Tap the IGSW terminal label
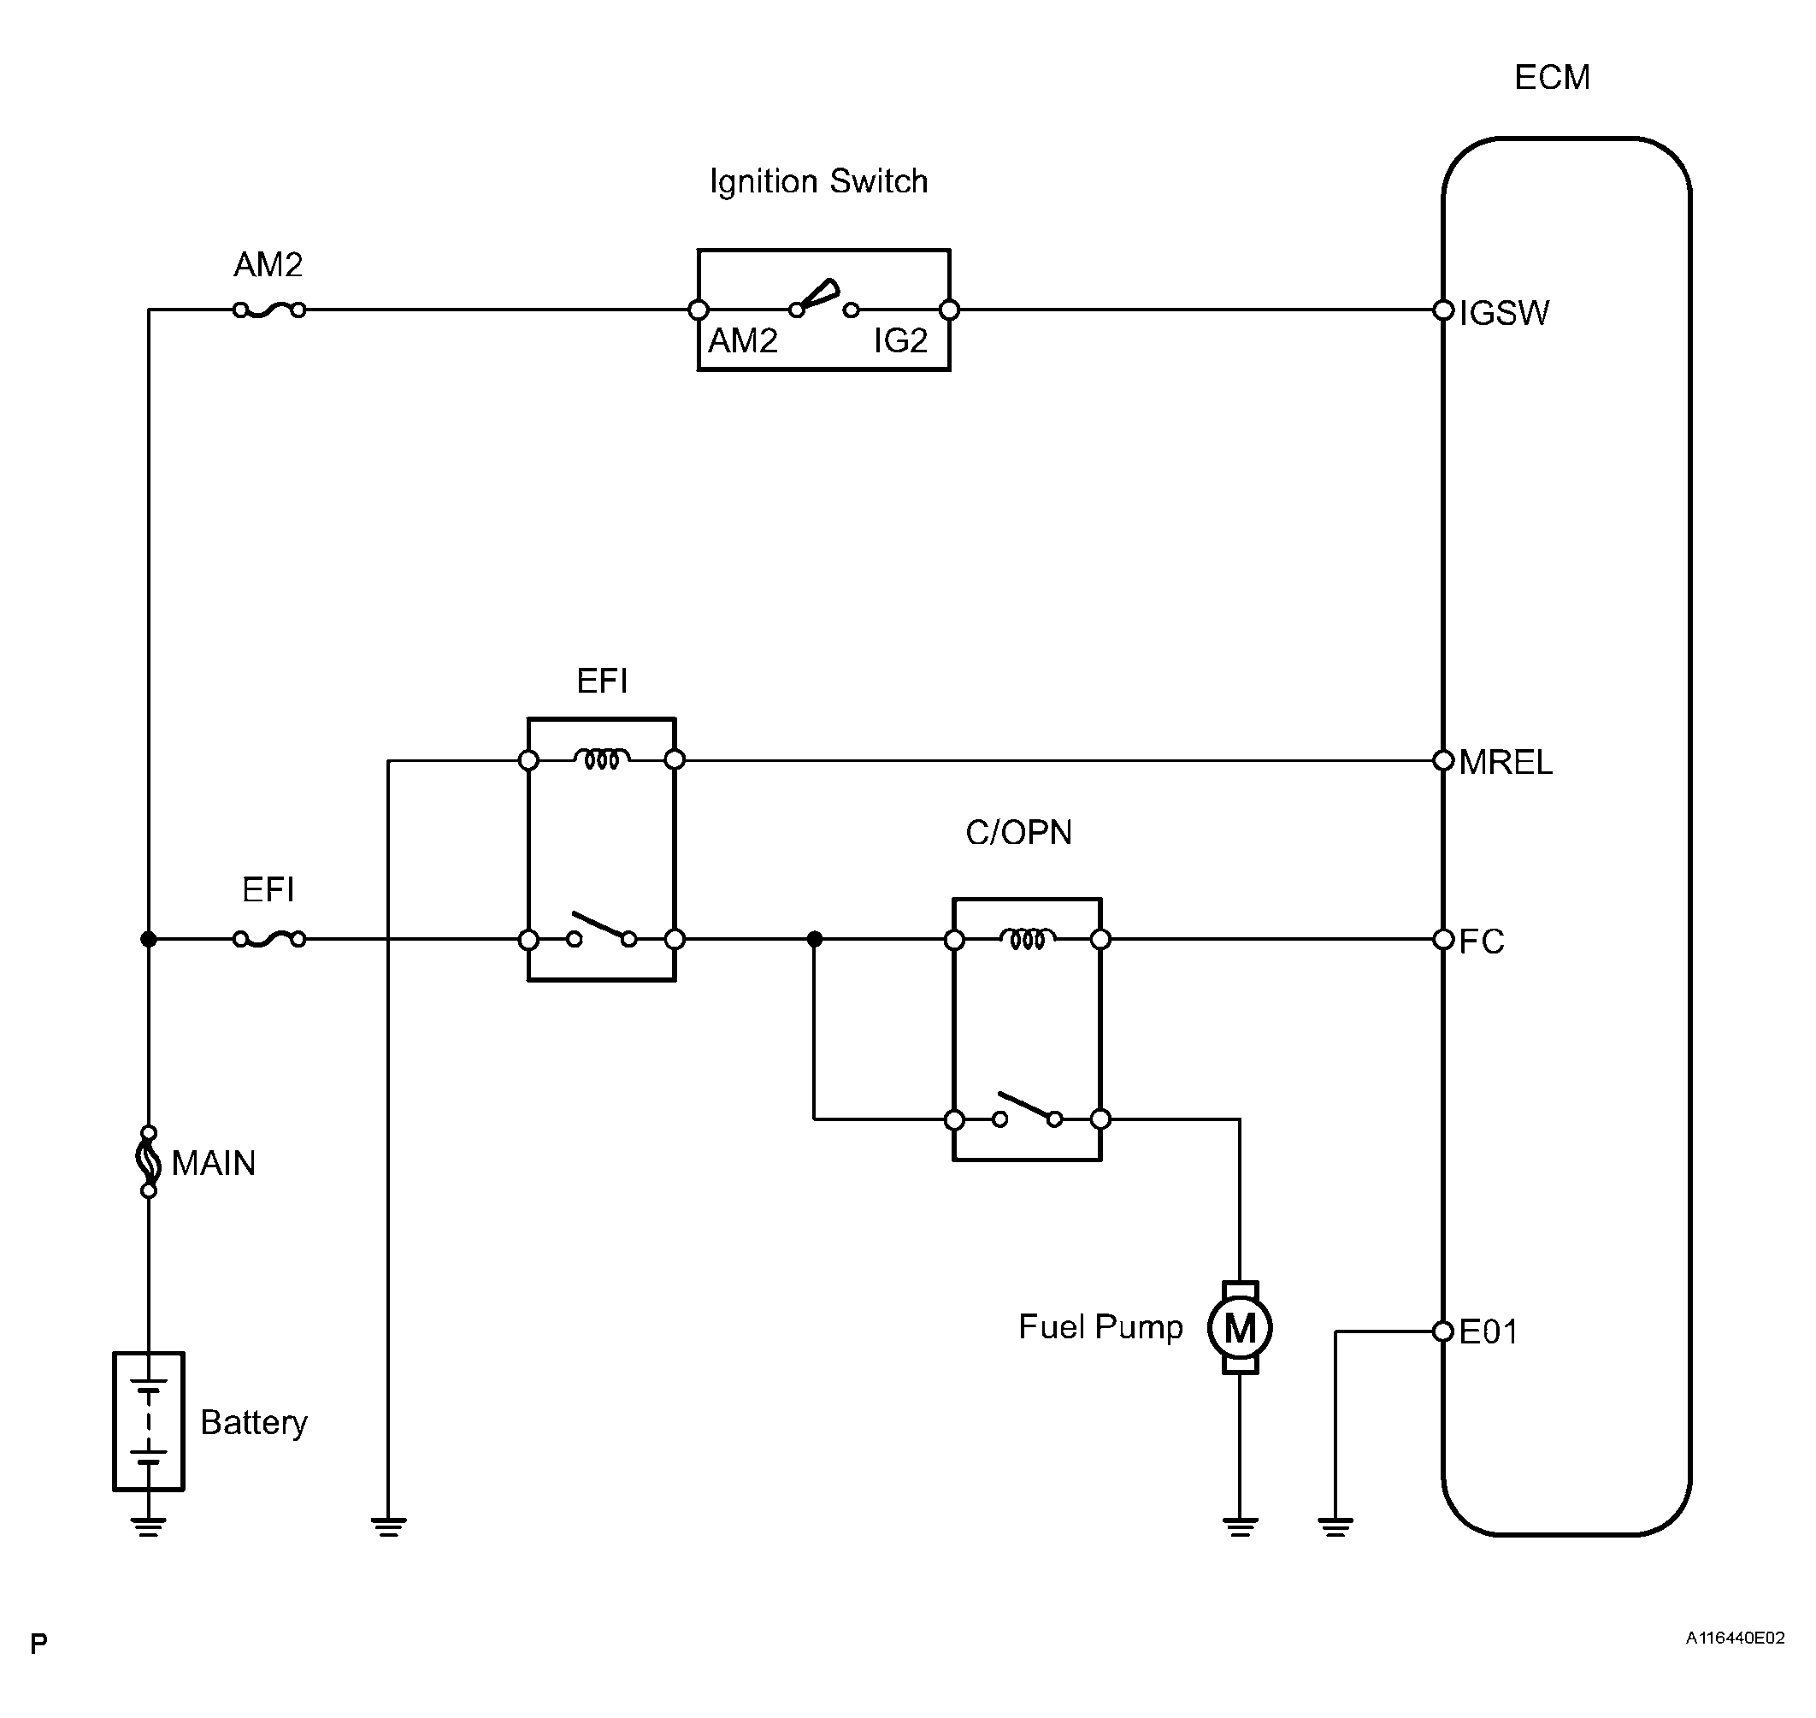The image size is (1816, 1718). (1504, 313)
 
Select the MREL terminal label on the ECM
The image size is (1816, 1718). (1506, 762)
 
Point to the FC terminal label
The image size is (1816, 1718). (1481, 942)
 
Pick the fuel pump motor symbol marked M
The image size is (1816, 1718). (1240, 1327)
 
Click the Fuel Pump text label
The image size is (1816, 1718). (1100, 1327)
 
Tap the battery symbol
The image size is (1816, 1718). (149, 1421)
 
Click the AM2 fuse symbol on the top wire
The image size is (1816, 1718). (269, 310)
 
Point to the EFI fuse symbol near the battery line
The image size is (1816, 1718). (269, 939)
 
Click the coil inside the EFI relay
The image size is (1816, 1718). (602, 759)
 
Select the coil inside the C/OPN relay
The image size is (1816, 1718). (1028, 939)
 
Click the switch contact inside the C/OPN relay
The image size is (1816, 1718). (1028, 1110)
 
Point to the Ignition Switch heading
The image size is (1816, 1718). (819, 181)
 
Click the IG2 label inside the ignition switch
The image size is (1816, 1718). (900, 340)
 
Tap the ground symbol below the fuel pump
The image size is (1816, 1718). (1240, 1526)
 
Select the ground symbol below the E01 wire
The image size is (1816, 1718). (1335, 1526)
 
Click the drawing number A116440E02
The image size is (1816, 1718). (1736, 1638)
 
